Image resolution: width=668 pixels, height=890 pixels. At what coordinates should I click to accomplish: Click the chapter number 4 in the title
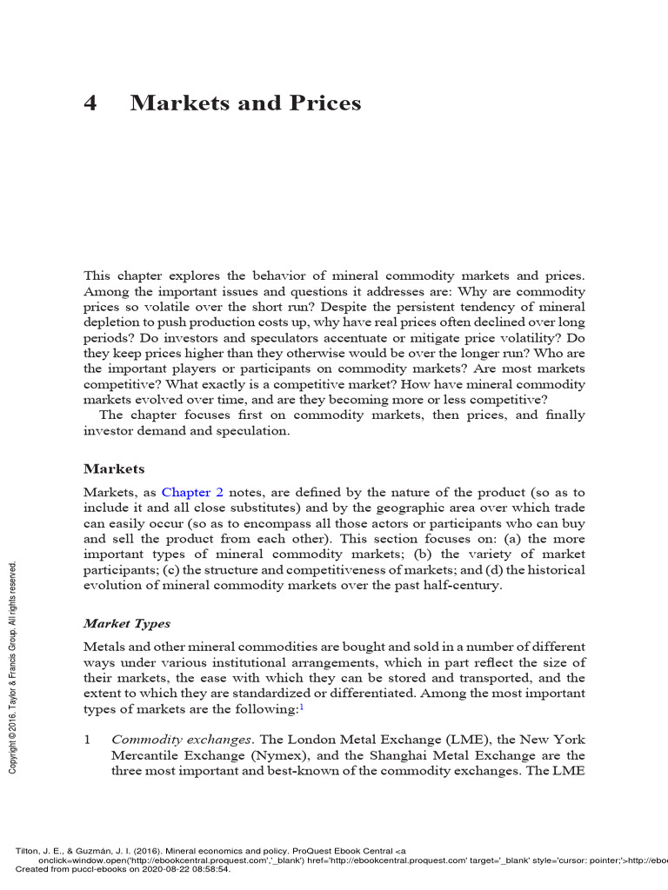point(90,103)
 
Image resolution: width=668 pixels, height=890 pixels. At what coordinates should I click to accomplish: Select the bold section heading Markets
point(114,468)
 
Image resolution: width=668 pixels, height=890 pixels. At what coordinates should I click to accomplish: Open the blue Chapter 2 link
point(192,492)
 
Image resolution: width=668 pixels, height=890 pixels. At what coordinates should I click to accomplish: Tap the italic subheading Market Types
point(126,623)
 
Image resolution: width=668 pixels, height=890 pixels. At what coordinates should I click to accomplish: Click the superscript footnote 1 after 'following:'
point(301,707)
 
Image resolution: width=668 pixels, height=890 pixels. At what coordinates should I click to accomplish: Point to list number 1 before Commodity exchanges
point(88,740)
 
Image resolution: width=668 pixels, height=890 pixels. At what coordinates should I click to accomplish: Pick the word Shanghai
point(403,755)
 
